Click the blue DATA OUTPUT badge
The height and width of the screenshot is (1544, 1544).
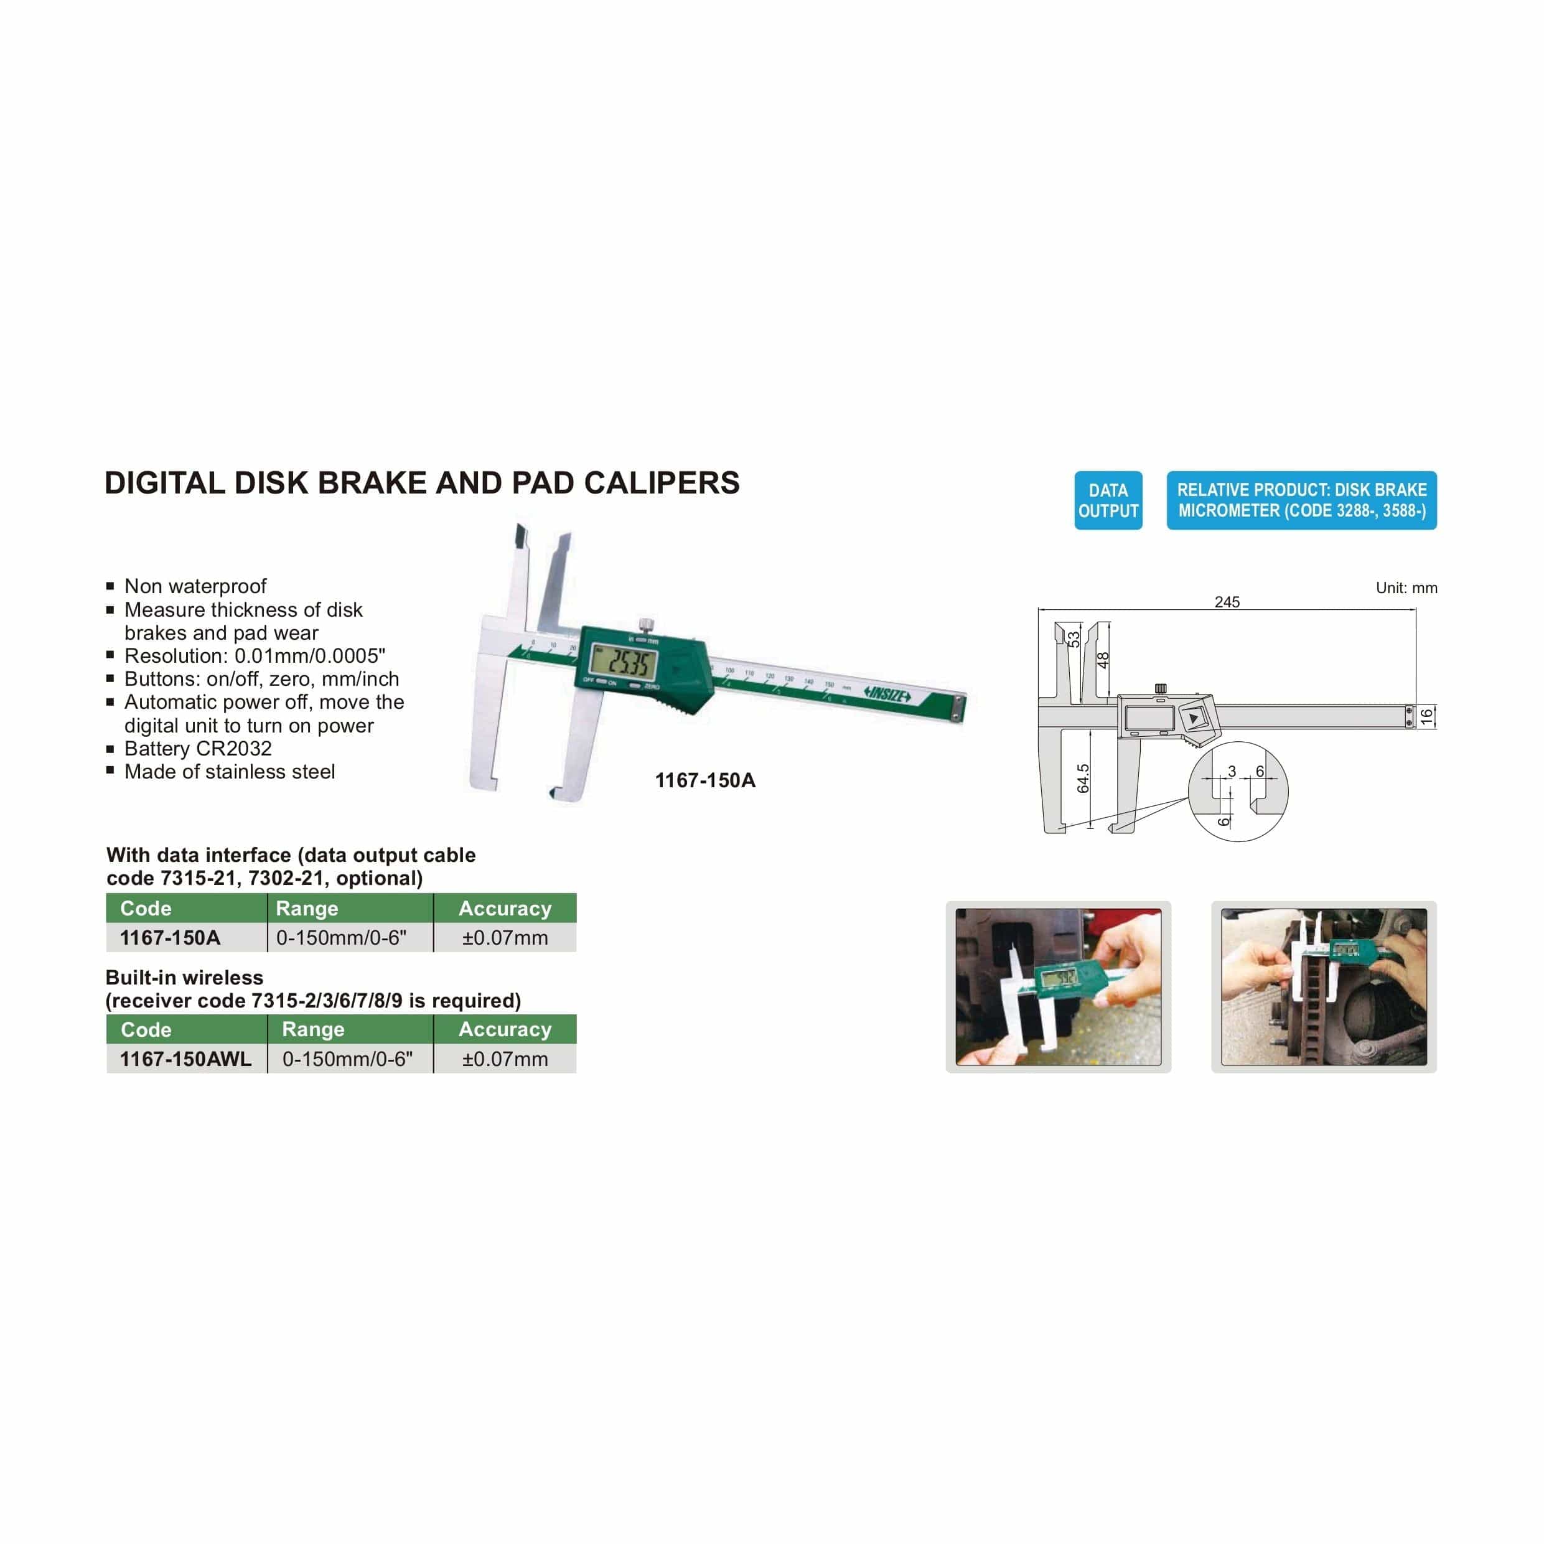point(1108,500)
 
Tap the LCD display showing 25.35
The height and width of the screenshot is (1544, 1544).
point(622,661)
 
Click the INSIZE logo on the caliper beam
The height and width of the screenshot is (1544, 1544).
point(887,695)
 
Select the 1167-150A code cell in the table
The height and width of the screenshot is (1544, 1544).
point(171,937)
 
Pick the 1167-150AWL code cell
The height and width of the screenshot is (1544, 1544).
point(185,1059)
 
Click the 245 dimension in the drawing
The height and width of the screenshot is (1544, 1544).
point(1227,602)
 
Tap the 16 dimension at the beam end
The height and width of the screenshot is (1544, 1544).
point(1426,717)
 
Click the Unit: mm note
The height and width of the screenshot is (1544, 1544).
point(1406,588)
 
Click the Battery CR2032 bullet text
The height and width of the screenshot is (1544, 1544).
point(197,749)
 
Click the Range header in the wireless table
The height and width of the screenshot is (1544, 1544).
point(313,1029)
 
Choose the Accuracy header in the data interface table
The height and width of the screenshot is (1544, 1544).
point(504,909)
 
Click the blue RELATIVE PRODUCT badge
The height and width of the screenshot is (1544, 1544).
point(1301,500)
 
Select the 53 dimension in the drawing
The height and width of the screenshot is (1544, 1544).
point(1074,639)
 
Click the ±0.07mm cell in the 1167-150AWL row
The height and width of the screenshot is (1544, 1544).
point(504,1059)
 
